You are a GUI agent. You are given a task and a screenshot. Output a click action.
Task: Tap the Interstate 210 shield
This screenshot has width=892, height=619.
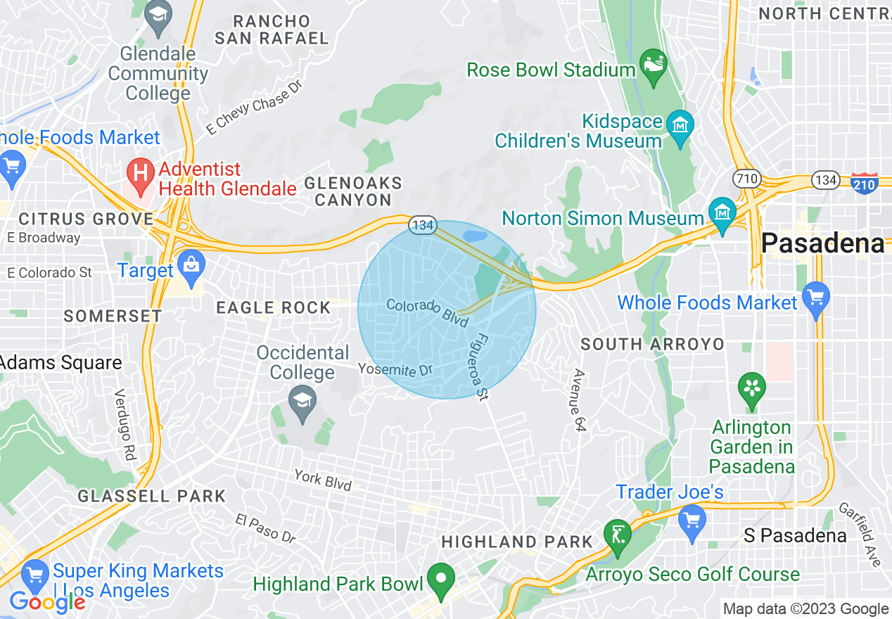click(863, 183)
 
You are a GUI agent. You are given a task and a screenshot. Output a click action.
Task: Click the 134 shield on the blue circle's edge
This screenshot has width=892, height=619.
click(423, 226)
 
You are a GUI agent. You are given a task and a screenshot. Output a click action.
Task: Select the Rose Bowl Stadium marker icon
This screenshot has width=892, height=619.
click(654, 65)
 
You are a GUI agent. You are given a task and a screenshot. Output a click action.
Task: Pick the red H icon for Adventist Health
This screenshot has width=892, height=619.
click(140, 174)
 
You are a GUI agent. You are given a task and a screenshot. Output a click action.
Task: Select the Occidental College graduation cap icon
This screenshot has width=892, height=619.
click(302, 404)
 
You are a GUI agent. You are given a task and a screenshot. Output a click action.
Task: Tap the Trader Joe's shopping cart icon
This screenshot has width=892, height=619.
click(692, 521)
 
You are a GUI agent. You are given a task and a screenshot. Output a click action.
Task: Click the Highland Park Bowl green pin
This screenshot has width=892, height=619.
click(441, 581)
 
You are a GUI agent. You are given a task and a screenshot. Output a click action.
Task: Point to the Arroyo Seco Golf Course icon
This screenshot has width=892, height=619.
click(617, 536)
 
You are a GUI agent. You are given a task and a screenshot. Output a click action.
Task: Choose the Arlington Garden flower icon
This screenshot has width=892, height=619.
click(751, 389)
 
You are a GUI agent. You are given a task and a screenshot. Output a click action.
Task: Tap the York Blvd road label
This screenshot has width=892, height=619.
click(322, 480)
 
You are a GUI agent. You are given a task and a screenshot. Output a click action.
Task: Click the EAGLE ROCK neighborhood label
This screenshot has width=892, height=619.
click(273, 307)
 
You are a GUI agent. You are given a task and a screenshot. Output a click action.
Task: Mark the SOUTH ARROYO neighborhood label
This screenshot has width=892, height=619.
click(651, 344)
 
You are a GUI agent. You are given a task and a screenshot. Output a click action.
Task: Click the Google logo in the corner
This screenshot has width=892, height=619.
click(46, 602)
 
